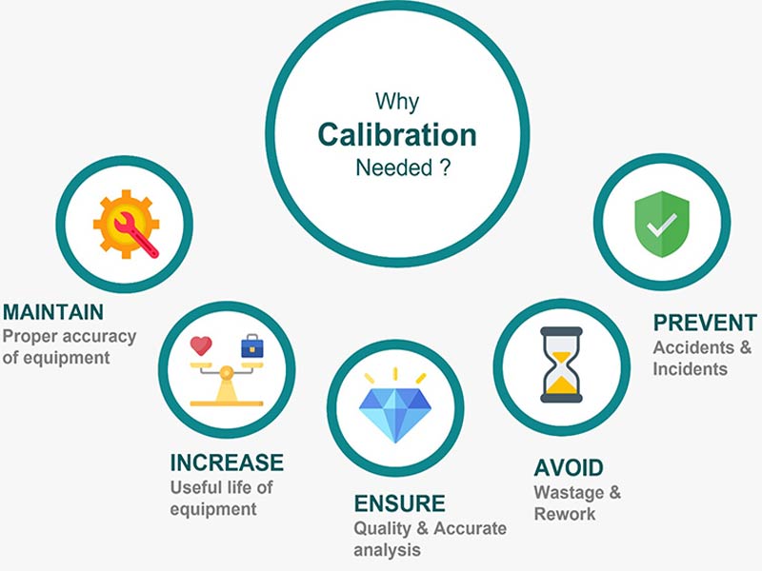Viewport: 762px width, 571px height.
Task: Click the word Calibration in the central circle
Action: pos(397,134)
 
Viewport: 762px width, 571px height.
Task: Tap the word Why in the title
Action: pos(397,102)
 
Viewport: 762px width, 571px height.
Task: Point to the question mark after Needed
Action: pos(445,167)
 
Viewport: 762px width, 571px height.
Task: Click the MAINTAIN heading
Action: pos(53,312)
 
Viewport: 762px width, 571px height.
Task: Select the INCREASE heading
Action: pos(227,463)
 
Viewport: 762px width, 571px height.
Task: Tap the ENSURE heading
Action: pos(399,503)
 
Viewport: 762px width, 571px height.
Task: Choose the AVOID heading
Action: pos(569,468)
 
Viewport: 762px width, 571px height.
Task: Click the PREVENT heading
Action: pos(705,323)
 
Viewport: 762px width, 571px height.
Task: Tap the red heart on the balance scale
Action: pos(201,345)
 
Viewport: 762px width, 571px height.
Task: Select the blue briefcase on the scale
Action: pos(252,345)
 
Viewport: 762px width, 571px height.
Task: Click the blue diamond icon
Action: pos(395,412)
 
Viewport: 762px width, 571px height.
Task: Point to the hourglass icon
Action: pos(561,364)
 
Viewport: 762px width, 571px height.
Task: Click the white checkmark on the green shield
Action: pos(661,225)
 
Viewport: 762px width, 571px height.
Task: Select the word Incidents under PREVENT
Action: pos(690,369)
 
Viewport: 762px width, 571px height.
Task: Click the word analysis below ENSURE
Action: pos(388,550)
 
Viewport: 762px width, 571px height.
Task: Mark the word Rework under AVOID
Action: pos(565,514)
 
